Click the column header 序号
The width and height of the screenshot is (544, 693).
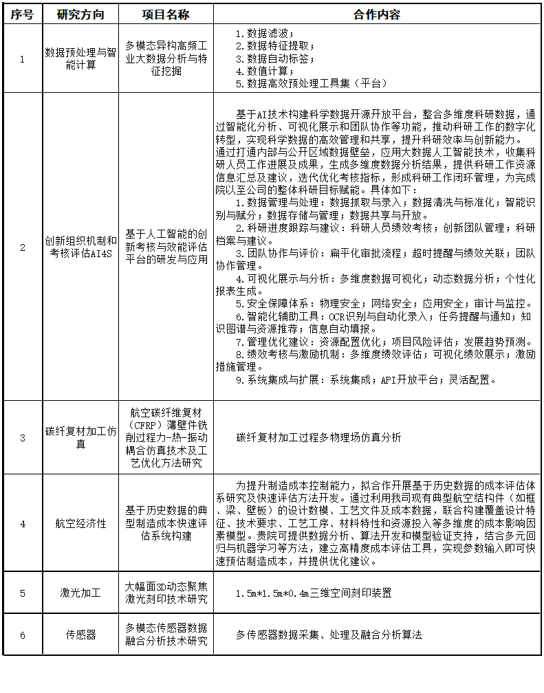pyautogui.click(x=22, y=14)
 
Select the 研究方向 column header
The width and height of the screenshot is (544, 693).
pyautogui.click(x=80, y=14)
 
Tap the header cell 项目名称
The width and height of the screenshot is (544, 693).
pyautogui.click(x=166, y=14)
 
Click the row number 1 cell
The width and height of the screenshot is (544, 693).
pyautogui.click(x=22, y=58)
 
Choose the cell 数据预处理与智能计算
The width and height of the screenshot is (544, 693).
pyautogui.click(x=80, y=58)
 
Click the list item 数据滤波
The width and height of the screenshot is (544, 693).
pyautogui.click(x=265, y=33)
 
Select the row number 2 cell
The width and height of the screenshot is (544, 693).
pyautogui.click(x=22, y=247)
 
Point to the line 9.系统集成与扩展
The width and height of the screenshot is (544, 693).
pyautogui.click(x=365, y=379)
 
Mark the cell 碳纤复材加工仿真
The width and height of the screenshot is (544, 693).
pyautogui.click(x=80, y=437)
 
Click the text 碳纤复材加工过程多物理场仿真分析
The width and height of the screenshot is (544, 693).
pyautogui.click(x=318, y=437)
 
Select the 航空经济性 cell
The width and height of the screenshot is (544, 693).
pyautogui.click(x=80, y=523)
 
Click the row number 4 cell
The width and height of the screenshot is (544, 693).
pyautogui.click(x=22, y=523)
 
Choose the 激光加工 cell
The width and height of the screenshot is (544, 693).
pyautogui.click(x=80, y=593)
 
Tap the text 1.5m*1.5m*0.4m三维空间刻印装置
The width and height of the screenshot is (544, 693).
pyautogui.click(x=314, y=593)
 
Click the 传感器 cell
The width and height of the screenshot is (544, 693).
pyautogui.click(x=80, y=635)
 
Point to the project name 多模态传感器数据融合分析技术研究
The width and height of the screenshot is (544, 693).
pyautogui.click(x=166, y=635)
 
